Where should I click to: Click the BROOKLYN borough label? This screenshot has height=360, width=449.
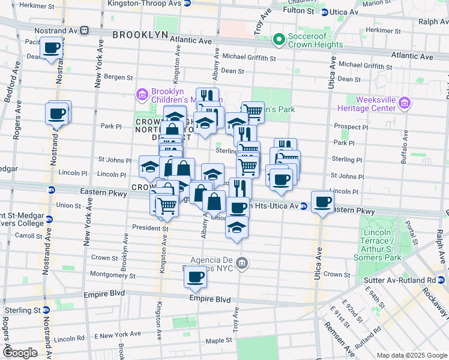(x=140, y=35)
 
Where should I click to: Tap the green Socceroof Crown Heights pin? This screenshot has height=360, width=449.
(x=278, y=40)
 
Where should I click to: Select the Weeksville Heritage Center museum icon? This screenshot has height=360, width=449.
(x=405, y=104)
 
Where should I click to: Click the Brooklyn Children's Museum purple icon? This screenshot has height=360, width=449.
(x=142, y=94)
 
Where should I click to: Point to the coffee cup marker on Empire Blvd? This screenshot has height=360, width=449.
(x=196, y=277)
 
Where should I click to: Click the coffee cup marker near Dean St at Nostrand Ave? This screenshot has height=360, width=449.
(x=52, y=47)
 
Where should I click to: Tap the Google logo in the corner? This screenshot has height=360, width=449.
(x=20, y=353)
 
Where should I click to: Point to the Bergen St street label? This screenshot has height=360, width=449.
(x=118, y=77)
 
